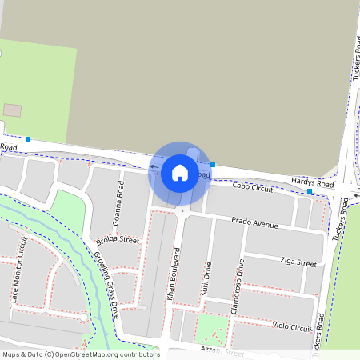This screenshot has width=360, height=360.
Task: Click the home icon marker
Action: click(180, 173)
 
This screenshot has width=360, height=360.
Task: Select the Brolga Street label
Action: click(118, 240)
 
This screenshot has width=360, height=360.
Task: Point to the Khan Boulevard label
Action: click(170, 274)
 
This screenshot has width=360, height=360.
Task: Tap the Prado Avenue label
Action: click(254, 222)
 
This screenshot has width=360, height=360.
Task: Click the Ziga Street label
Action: click(298, 262)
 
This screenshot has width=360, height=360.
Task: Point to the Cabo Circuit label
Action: click(252, 187)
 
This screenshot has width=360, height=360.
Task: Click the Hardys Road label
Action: click(312, 183)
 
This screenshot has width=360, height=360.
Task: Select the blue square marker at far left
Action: click(28, 139)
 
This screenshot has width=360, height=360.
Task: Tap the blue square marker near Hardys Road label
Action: click(310, 192)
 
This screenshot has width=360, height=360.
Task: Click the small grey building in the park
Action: click(13, 110)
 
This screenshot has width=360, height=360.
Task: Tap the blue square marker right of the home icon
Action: click(213, 165)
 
